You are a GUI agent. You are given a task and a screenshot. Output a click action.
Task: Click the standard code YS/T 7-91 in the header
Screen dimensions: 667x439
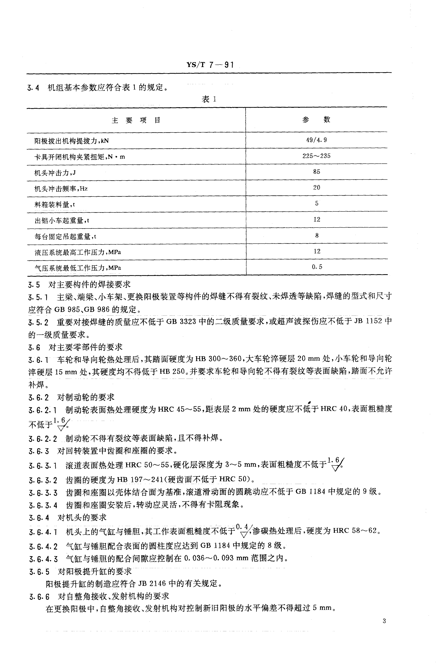pos(210,65)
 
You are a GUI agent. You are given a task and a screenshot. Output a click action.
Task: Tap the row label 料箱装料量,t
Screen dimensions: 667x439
pos(55,205)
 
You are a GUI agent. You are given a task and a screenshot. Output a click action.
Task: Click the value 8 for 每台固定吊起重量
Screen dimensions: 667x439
pos(317,235)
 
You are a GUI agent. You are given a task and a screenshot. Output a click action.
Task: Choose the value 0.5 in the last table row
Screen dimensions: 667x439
pos(317,267)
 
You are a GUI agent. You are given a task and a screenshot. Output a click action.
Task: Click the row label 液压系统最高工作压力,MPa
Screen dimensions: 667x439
pos(78,252)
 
